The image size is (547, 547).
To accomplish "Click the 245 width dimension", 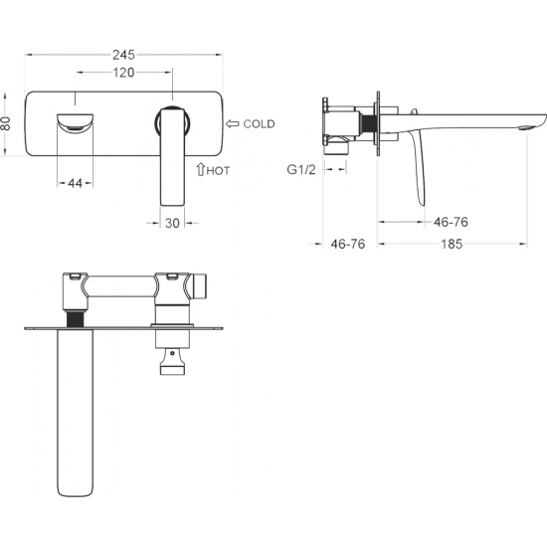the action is (x=123, y=55).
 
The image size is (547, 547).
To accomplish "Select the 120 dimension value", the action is (x=123, y=73).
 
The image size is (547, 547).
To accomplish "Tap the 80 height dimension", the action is (x=6, y=123).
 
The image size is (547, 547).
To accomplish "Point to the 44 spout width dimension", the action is (x=75, y=183).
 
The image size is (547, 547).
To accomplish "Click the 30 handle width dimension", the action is (x=172, y=223).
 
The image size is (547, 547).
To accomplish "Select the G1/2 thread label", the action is (x=301, y=169).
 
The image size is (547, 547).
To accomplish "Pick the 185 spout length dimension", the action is (x=452, y=244).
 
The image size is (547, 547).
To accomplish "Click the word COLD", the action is (x=259, y=124).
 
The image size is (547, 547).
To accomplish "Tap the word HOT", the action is (x=218, y=171).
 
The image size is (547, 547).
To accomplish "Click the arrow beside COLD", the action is (x=233, y=123).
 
